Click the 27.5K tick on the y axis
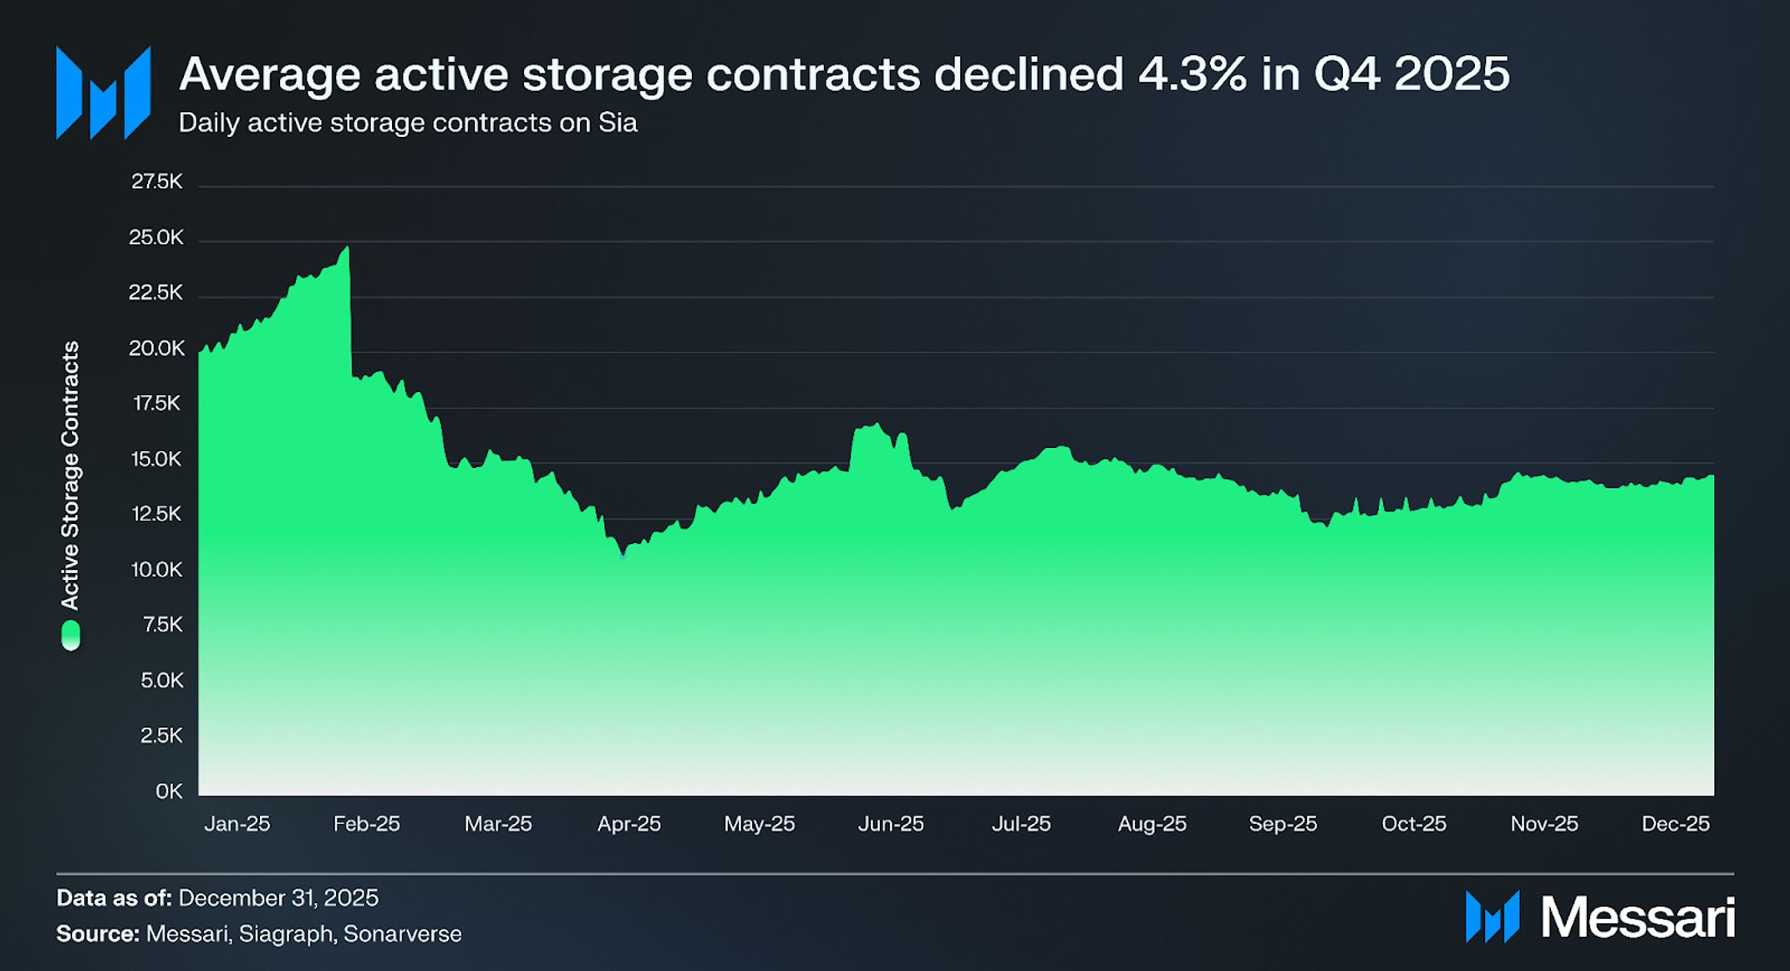pos(156,182)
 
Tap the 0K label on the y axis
pos(169,791)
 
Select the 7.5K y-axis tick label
pos(162,625)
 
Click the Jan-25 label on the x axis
pos(237,824)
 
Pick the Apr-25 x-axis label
pos(628,824)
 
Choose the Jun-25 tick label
pos(891,824)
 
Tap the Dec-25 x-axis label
pos(1675,824)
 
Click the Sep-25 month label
pos(1283,824)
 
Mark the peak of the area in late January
pos(347,247)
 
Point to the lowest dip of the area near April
pos(623,554)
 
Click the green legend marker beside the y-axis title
pos(71,635)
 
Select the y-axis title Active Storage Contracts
pos(71,475)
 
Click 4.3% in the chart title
pos(1192,74)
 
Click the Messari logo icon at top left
pos(103,93)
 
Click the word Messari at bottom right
pos(1638,918)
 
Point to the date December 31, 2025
pos(278,898)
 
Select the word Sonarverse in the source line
pos(402,934)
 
